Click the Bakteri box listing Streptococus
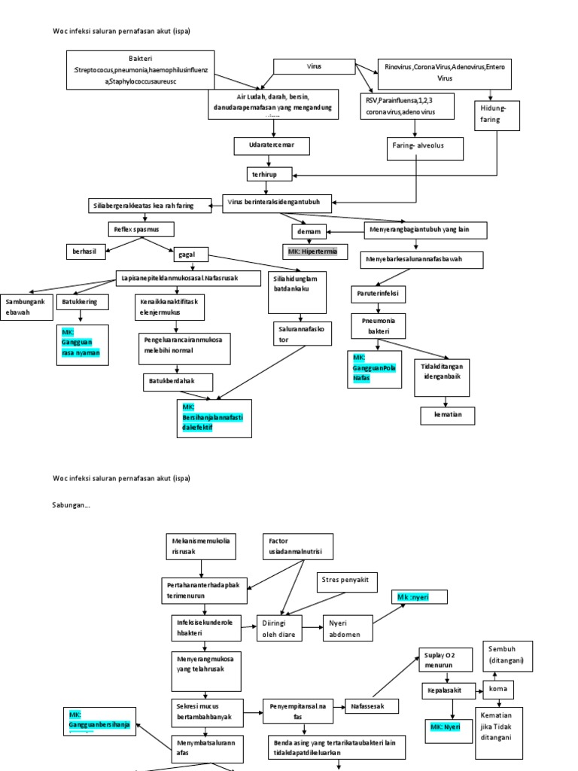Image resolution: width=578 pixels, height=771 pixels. point(141,70)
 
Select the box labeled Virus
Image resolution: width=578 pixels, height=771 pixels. point(314,67)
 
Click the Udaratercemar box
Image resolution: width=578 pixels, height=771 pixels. point(271,145)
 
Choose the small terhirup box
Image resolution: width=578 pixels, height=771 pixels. point(269,175)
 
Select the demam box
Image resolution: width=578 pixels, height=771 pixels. point(312,232)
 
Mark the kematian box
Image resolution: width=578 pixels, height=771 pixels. point(447,415)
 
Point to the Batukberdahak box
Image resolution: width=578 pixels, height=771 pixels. point(178,382)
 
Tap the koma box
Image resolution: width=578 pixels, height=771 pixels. point(497,689)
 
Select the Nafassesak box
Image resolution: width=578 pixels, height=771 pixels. point(372,706)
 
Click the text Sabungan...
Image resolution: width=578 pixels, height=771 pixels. point(71,505)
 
